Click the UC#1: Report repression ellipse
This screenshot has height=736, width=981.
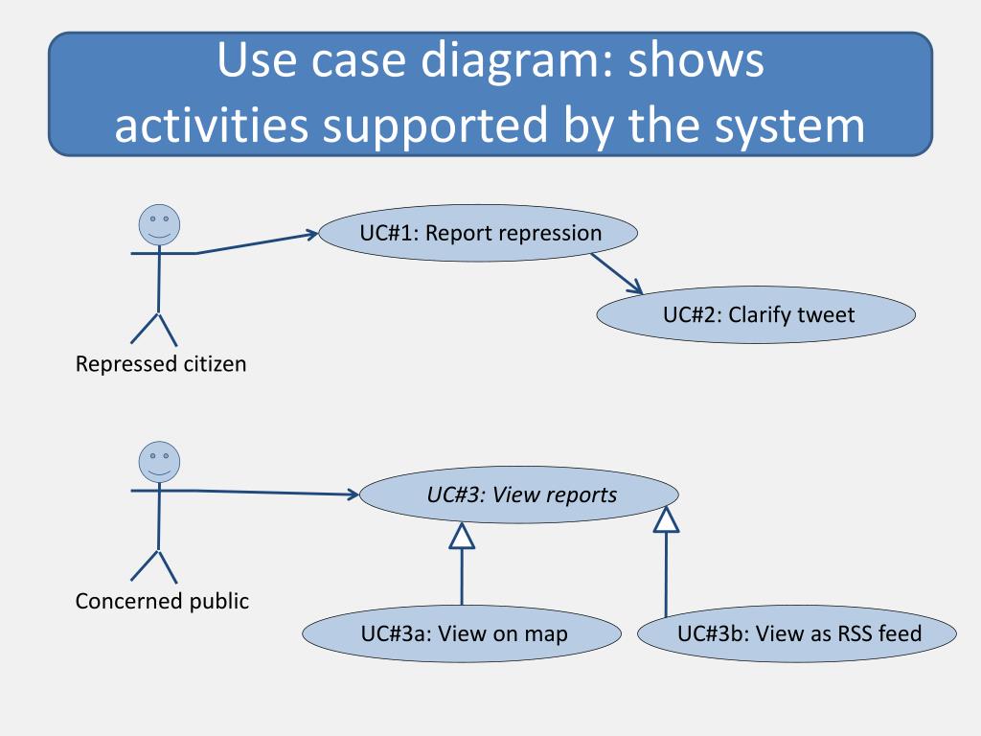[x=478, y=233]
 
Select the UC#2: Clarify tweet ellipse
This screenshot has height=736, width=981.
[x=756, y=314]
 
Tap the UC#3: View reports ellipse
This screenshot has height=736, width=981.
[x=518, y=494]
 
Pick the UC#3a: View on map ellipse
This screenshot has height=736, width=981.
[x=462, y=633]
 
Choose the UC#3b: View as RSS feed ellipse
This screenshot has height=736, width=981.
[x=797, y=633]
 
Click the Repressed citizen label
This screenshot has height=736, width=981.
[x=161, y=363]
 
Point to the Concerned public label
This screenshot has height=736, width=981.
[x=162, y=601]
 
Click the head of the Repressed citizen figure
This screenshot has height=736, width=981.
[x=160, y=224]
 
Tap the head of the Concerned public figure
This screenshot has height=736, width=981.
[x=160, y=462]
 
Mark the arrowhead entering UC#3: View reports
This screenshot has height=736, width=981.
[x=352, y=494]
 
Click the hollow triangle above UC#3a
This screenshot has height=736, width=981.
[x=462, y=536]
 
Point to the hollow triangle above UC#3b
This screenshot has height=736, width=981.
[x=667, y=519]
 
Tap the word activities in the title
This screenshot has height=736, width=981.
[x=212, y=126]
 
